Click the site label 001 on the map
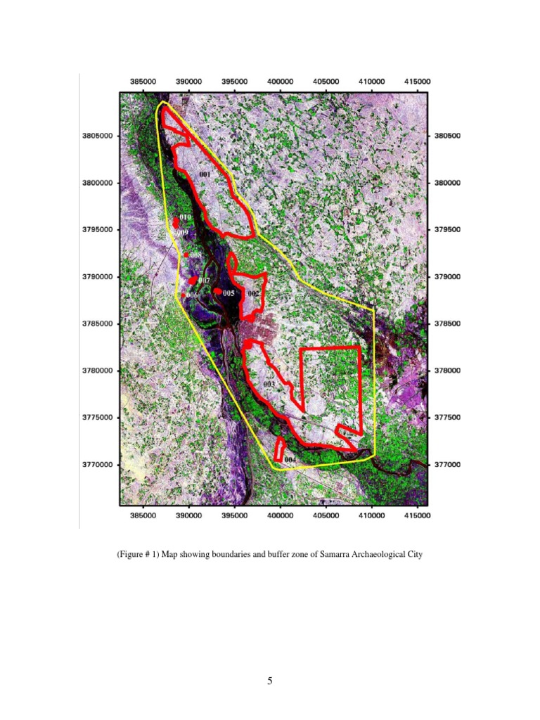click(205, 173)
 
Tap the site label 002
click(253, 292)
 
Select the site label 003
click(268, 385)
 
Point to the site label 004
click(290, 460)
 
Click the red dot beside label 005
click(219, 292)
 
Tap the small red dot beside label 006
click(184, 295)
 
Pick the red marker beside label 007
click(193, 281)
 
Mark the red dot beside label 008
click(186, 255)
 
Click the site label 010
click(185, 218)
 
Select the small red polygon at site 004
click(280, 449)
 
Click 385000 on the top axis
click(143, 82)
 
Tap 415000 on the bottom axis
click(417, 515)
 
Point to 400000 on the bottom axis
click(280, 515)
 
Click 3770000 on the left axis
click(96, 465)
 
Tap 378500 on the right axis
click(446, 324)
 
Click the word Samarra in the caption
click(334, 555)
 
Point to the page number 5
click(270, 681)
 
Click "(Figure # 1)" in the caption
click(141, 555)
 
